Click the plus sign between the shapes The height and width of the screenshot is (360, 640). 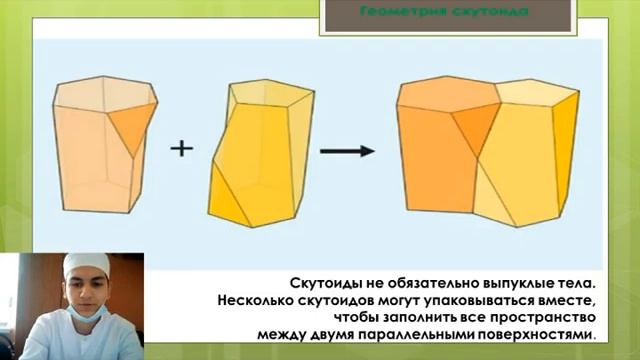click(181, 148)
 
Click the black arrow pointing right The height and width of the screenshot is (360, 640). click(346, 150)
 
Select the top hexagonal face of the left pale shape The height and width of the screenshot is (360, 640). click(104, 91)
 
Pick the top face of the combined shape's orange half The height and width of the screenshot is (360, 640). click(449, 91)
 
